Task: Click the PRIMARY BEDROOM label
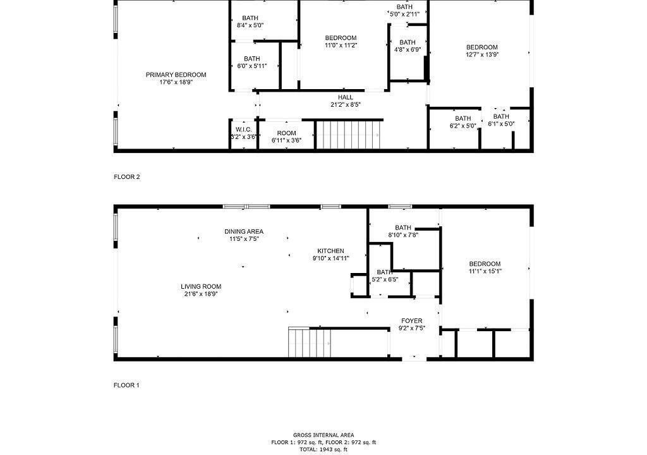click(x=176, y=78)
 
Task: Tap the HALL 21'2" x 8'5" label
click(x=346, y=100)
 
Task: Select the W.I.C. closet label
click(x=243, y=133)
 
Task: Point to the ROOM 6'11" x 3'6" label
click(x=286, y=136)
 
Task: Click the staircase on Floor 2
click(x=349, y=134)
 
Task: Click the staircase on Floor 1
click(x=310, y=342)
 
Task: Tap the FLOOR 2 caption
click(x=126, y=177)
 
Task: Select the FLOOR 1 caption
click(x=126, y=385)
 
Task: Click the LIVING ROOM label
click(x=201, y=290)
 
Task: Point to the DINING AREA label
click(x=244, y=235)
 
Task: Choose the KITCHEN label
click(x=331, y=254)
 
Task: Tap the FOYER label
click(x=412, y=325)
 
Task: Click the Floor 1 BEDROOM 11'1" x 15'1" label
click(x=485, y=267)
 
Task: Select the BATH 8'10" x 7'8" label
click(x=403, y=231)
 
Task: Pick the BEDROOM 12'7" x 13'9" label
click(x=482, y=51)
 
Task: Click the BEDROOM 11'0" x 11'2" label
click(x=341, y=42)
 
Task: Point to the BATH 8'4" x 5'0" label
click(x=250, y=21)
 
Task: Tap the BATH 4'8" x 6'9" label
click(x=408, y=46)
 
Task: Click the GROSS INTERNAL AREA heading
click(x=323, y=435)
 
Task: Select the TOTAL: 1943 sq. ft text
click(x=323, y=450)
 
